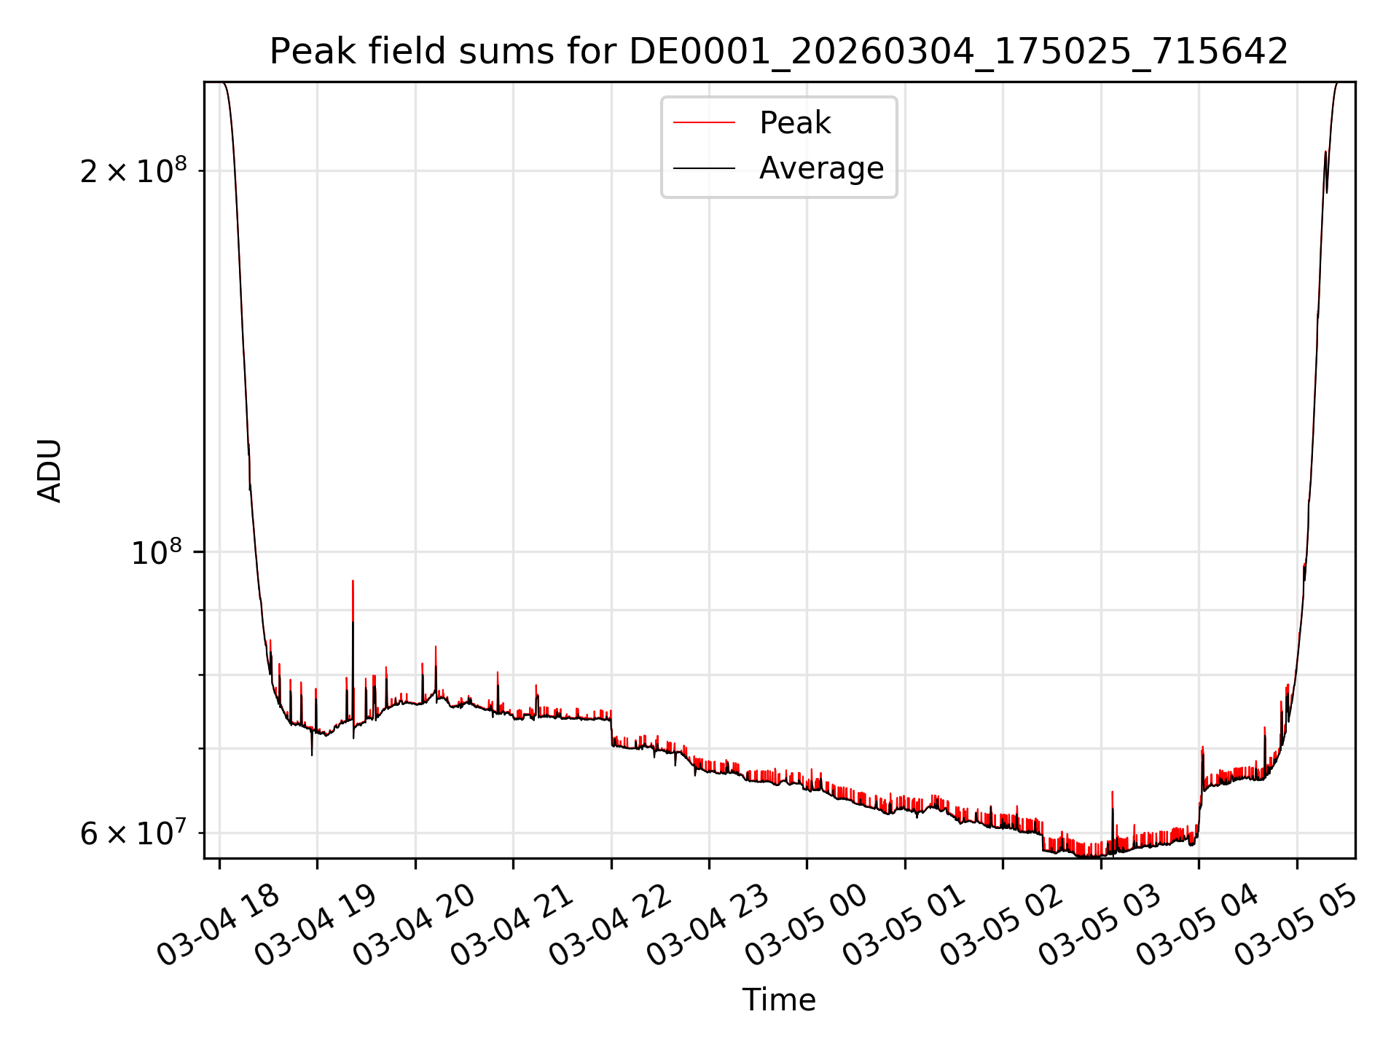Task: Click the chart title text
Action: point(778,52)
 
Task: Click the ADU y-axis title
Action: point(50,470)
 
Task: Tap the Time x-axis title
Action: point(778,999)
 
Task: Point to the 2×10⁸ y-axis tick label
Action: point(133,171)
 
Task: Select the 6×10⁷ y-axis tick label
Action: point(133,833)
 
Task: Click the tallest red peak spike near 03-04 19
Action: point(353,583)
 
